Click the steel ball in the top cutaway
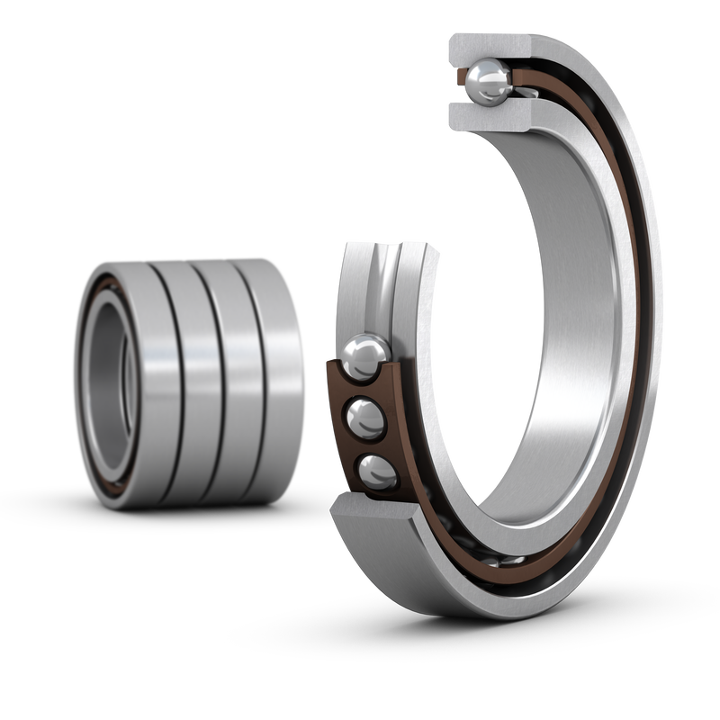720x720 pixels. (x=487, y=84)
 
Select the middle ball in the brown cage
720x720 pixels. (x=364, y=416)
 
